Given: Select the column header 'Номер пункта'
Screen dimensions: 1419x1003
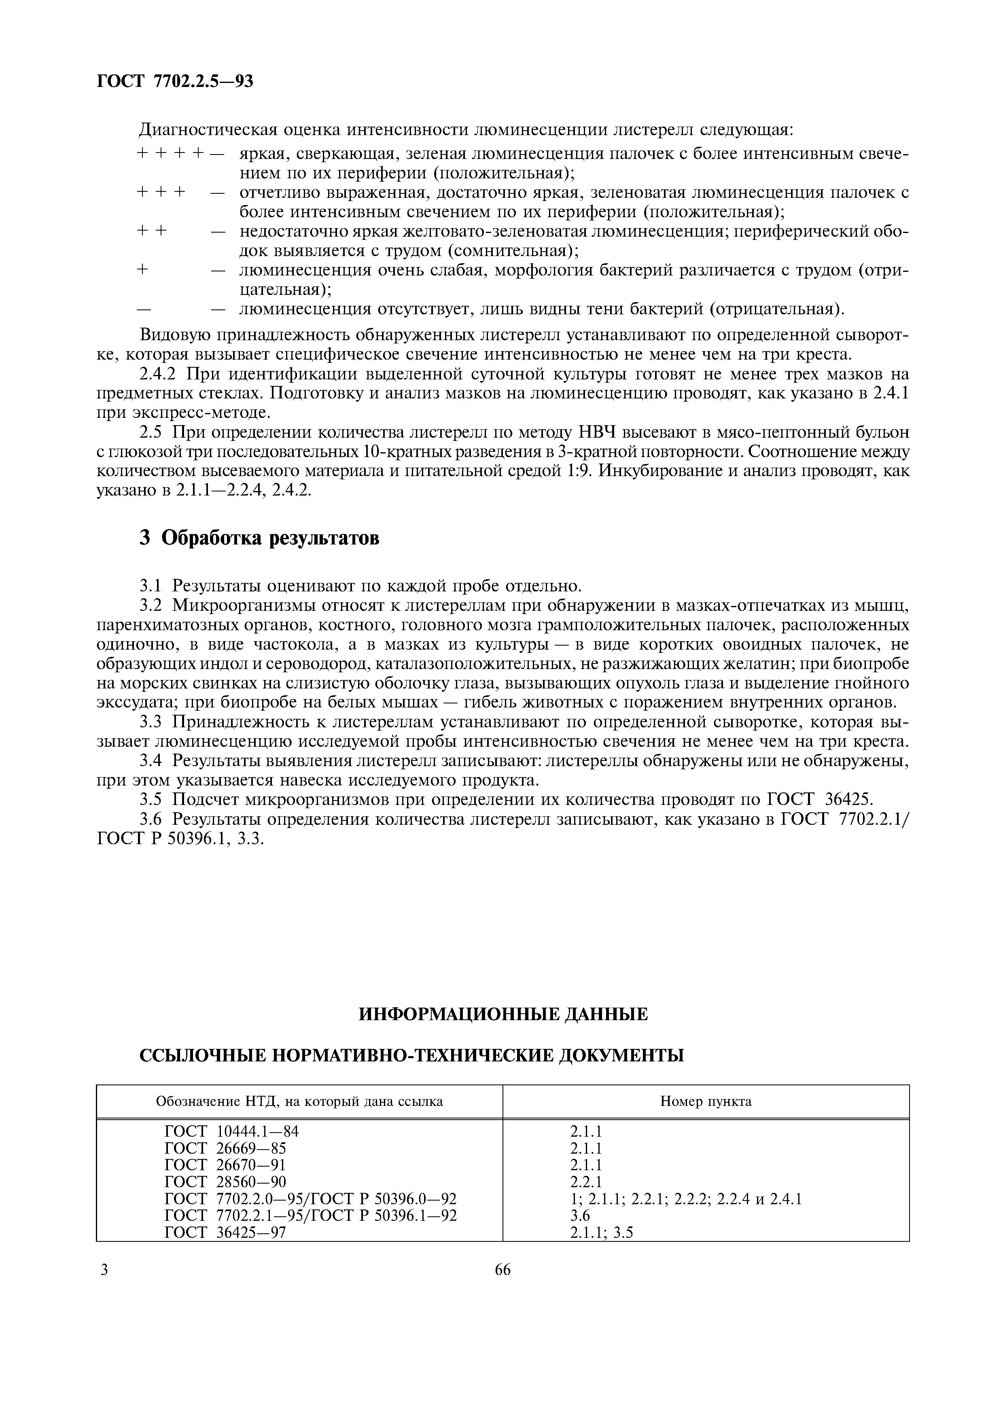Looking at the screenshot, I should click(x=706, y=1101).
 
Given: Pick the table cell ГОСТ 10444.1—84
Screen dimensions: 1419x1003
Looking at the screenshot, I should click(x=232, y=1132).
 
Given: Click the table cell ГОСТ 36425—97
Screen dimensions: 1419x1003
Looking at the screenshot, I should click(x=226, y=1233).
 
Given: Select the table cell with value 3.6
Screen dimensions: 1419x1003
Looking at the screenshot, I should click(x=580, y=1216).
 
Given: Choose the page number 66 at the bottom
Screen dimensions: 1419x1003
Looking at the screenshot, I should click(x=503, y=1270).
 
